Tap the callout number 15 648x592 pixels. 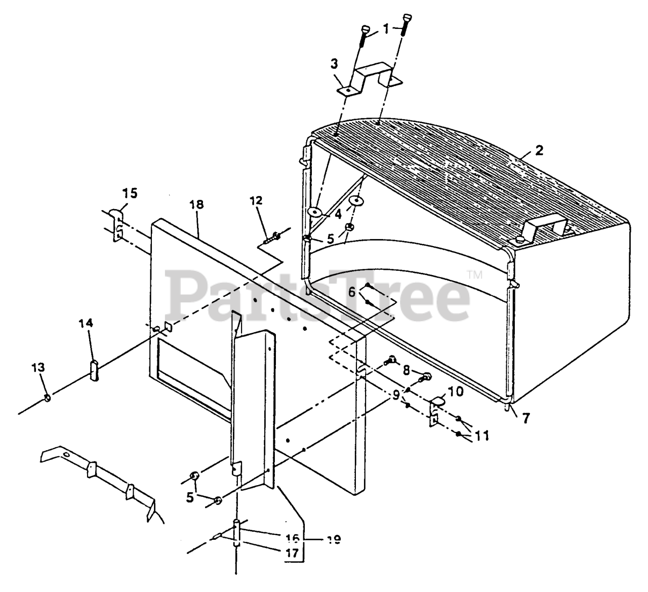click(x=130, y=193)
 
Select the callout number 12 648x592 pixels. click(x=256, y=201)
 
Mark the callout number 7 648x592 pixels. click(x=527, y=419)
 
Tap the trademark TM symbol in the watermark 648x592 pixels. click(x=474, y=275)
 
